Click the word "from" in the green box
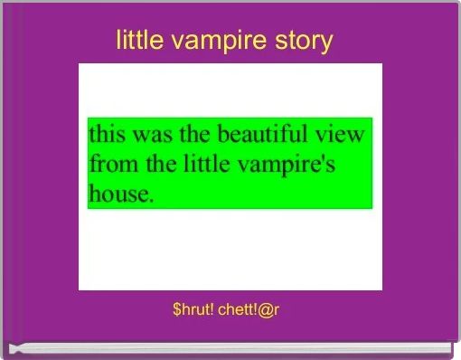coord(110,165)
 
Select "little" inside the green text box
coord(202,165)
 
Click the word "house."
coord(121,193)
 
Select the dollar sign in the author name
coord(176,310)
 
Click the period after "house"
coord(151,198)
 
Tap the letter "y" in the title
coord(327,43)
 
